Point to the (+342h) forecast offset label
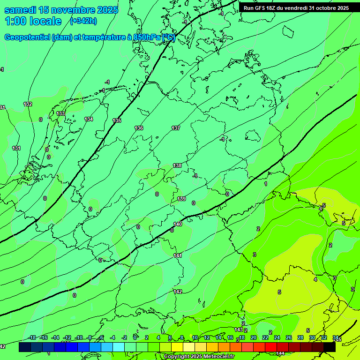click(x=83, y=21)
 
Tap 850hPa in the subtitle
click(x=147, y=37)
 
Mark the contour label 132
click(x=28, y=104)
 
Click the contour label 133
click(x=60, y=113)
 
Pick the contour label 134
click(x=89, y=119)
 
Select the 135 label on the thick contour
click(x=117, y=120)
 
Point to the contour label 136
click(x=139, y=128)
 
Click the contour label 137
click(x=176, y=128)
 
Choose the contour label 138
click(x=177, y=165)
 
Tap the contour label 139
click(x=181, y=199)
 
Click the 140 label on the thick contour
click(x=178, y=224)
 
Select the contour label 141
click(x=178, y=255)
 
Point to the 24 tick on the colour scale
click(x=277, y=337)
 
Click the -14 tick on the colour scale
click(x=55, y=337)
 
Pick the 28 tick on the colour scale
click(x=300, y=337)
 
